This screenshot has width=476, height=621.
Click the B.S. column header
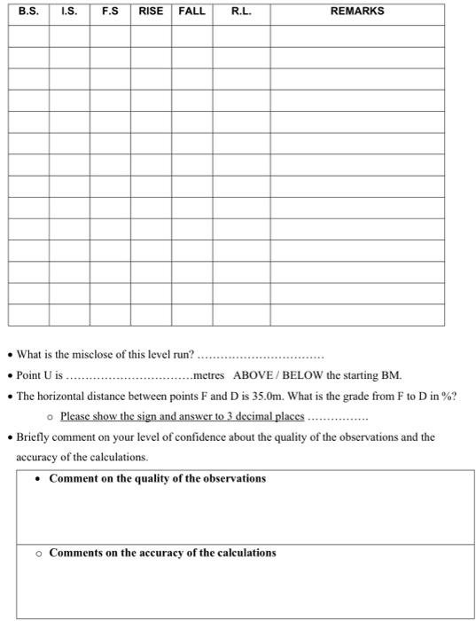27,12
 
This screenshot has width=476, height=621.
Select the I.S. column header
68,12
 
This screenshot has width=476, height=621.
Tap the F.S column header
110,12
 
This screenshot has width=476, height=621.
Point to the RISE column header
151,12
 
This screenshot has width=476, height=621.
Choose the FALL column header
191,12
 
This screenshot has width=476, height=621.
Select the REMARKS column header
356,12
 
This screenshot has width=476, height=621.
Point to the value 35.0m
298,396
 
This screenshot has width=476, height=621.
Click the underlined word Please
76,417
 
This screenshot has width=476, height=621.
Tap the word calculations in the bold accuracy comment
234,553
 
